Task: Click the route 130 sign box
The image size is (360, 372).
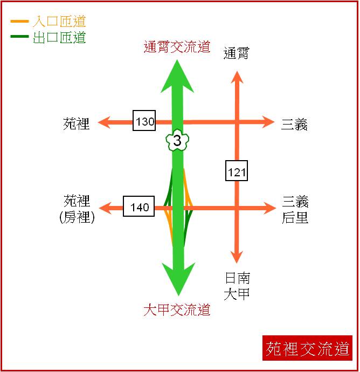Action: point(144,121)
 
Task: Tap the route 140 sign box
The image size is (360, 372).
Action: point(139,206)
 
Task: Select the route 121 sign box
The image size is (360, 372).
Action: point(237,171)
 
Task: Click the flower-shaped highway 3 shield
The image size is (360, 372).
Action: point(177,140)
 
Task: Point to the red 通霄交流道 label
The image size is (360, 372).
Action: point(177,46)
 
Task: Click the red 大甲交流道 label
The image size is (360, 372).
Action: point(177,309)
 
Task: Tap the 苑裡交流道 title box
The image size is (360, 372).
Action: point(307,348)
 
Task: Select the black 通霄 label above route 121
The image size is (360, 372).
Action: point(236,53)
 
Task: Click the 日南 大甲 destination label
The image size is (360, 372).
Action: point(237,286)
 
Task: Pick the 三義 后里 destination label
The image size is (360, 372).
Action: point(295,210)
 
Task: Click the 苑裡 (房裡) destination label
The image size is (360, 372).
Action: point(77,209)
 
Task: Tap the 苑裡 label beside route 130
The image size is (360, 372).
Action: point(77,123)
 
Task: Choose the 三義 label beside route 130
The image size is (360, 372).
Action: point(294,124)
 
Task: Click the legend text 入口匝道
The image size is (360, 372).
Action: point(59,22)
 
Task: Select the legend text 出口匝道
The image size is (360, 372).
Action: point(59,37)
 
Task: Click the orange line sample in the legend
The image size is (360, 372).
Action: point(19,22)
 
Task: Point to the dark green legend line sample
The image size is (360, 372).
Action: point(19,36)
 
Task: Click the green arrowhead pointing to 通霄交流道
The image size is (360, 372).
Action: point(177,76)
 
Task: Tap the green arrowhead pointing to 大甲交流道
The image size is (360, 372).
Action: point(178,279)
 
